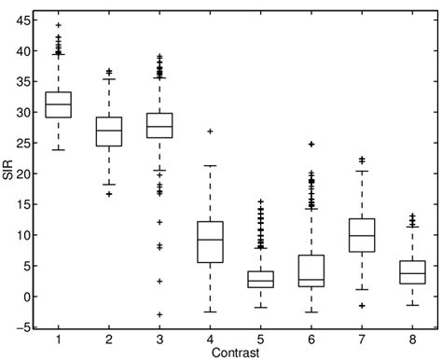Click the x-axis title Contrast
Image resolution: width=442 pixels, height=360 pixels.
click(x=236, y=353)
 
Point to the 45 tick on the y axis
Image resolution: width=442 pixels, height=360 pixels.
click(x=25, y=20)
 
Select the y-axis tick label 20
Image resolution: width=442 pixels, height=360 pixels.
click(x=25, y=173)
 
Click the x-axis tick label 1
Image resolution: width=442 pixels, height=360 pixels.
click(x=59, y=339)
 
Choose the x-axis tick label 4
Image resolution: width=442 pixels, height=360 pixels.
click(x=211, y=339)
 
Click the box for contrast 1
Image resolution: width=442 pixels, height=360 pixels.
click(x=59, y=105)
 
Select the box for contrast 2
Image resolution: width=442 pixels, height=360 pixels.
click(x=109, y=132)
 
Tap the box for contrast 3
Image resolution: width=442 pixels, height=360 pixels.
click(x=160, y=126)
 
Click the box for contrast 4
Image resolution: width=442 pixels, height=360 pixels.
click(x=211, y=242)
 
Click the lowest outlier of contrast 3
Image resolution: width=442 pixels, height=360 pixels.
click(x=160, y=314)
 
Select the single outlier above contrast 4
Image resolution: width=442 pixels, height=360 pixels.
click(x=211, y=132)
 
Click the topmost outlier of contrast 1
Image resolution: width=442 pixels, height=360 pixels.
click(x=59, y=25)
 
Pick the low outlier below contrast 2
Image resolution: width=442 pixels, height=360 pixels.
click(x=109, y=194)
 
